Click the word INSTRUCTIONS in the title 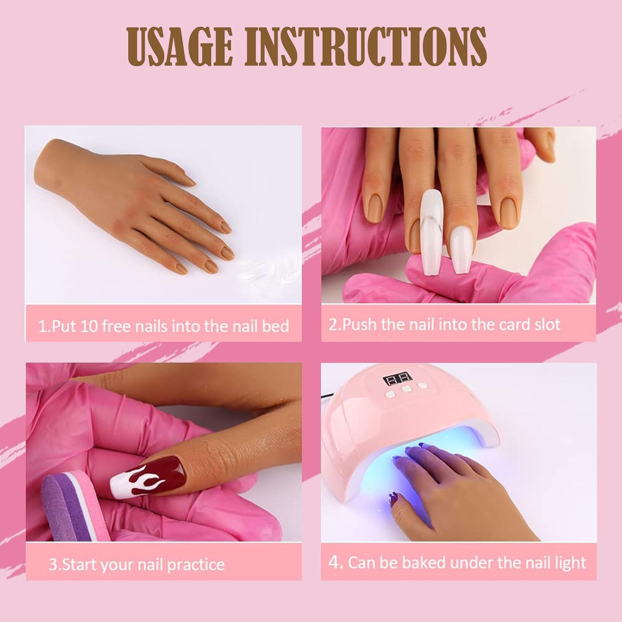click(365, 46)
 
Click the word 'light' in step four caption click(571, 563)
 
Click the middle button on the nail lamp click(406, 389)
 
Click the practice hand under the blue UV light click(448, 477)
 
